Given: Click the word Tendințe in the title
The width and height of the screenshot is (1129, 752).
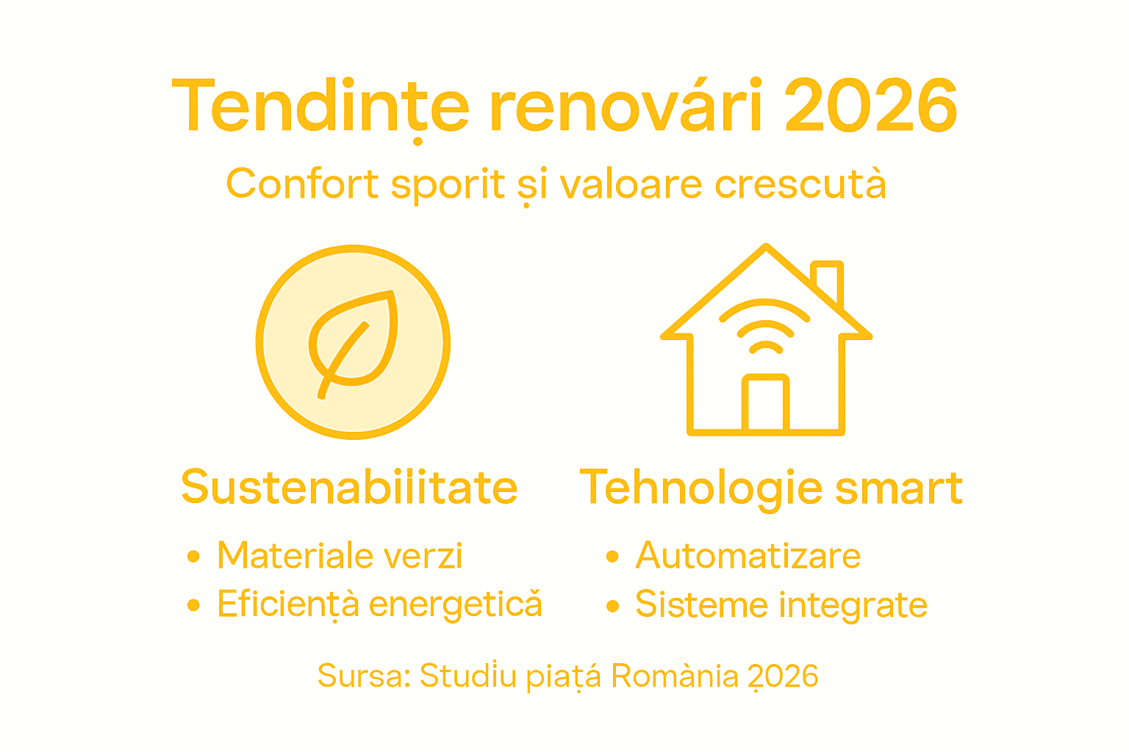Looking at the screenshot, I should pyautogui.click(x=320, y=106).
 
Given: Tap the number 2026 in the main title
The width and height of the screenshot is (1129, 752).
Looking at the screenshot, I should pyautogui.click(x=871, y=106).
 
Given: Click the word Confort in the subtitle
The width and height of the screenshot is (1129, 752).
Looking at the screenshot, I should pyautogui.click(x=302, y=184).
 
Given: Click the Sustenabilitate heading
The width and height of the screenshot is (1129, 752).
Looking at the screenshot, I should pyautogui.click(x=349, y=487).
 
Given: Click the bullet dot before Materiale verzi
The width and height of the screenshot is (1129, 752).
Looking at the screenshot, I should pyautogui.click(x=193, y=557).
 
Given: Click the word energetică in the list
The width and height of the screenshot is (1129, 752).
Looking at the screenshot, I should pyautogui.click(x=455, y=604).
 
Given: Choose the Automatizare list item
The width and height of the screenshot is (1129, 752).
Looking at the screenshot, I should pyautogui.click(x=748, y=555).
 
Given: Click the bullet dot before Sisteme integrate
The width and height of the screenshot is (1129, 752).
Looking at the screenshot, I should pyautogui.click(x=612, y=606).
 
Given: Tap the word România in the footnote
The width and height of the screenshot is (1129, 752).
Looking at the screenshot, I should pyautogui.click(x=674, y=676).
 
